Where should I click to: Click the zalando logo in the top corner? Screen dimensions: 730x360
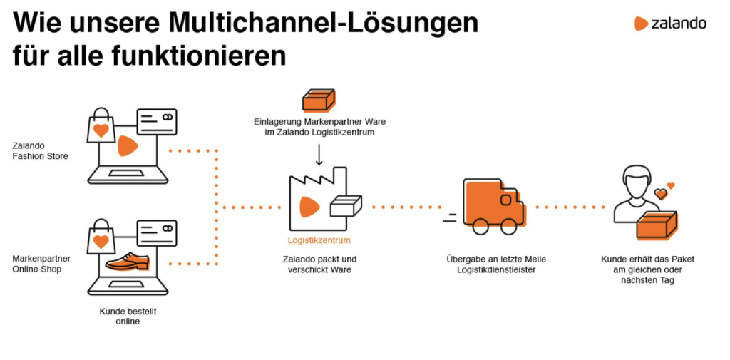point(670,24)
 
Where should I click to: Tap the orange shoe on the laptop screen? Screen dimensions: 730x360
point(127,262)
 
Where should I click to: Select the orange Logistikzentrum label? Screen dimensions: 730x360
point(319,240)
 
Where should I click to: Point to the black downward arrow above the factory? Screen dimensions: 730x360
point(319,155)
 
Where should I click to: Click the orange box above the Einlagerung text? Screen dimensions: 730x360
point(319,100)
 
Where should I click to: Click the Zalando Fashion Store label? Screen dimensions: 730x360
point(40,151)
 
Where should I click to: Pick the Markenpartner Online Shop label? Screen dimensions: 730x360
point(41,264)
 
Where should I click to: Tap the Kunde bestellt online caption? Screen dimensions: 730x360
point(128,317)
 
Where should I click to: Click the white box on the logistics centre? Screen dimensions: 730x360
point(346,206)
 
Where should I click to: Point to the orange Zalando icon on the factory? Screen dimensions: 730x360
point(309,206)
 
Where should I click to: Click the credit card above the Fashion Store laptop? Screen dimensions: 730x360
point(156,122)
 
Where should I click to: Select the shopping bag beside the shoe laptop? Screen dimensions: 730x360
point(101,237)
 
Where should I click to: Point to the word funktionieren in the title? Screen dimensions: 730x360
point(199,56)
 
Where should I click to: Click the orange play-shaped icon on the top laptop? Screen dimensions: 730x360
point(128,145)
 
